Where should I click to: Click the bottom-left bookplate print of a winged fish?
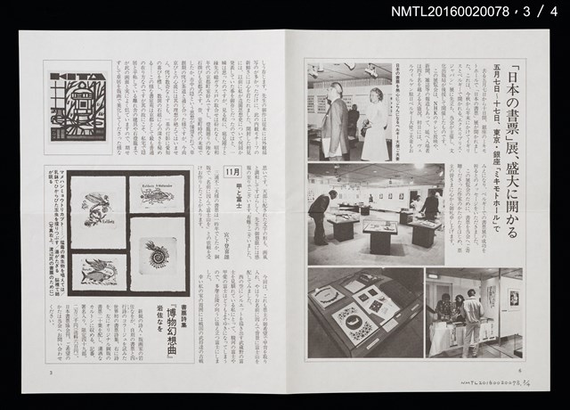click(x=104, y=269)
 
